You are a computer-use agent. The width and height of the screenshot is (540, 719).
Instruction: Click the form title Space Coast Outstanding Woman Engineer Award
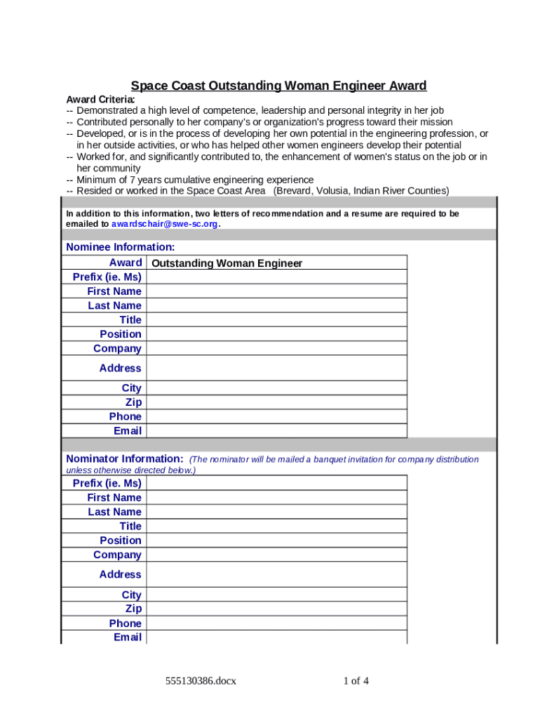tap(278, 86)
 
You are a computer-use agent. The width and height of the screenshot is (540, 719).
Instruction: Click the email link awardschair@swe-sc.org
tap(165, 224)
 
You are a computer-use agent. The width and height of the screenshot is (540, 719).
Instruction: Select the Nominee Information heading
tap(120, 247)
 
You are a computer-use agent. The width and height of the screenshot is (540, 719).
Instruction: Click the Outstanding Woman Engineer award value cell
tap(276, 263)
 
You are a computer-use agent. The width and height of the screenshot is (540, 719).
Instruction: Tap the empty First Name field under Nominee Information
tap(276, 291)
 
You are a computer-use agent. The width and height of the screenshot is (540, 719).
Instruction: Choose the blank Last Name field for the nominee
tap(276, 305)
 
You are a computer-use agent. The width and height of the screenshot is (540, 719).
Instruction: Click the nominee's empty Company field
tap(276, 348)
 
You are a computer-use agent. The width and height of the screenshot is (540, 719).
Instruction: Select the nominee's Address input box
tap(276, 368)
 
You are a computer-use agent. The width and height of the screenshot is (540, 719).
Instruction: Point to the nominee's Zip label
tap(133, 402)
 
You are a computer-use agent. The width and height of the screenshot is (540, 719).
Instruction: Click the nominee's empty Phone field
tap(276, 416)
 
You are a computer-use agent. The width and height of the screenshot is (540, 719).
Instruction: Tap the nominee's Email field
tap(276, 431)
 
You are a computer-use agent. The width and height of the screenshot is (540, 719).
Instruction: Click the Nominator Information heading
tap(125, 459)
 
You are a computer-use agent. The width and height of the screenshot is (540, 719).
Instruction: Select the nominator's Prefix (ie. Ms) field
tap(276, 483)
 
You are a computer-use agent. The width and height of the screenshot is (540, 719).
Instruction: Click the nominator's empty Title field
tap(276, 526)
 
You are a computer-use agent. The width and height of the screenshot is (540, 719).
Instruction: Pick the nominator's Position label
tap(120, 541)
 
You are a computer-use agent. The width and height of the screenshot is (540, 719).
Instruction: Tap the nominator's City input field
tap(276, 595)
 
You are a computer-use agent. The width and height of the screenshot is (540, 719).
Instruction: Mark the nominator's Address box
tap(276, 574)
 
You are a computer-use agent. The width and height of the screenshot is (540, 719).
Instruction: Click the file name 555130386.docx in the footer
tap(201, 680)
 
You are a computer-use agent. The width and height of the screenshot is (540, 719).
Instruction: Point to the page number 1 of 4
tap(356, 680)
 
